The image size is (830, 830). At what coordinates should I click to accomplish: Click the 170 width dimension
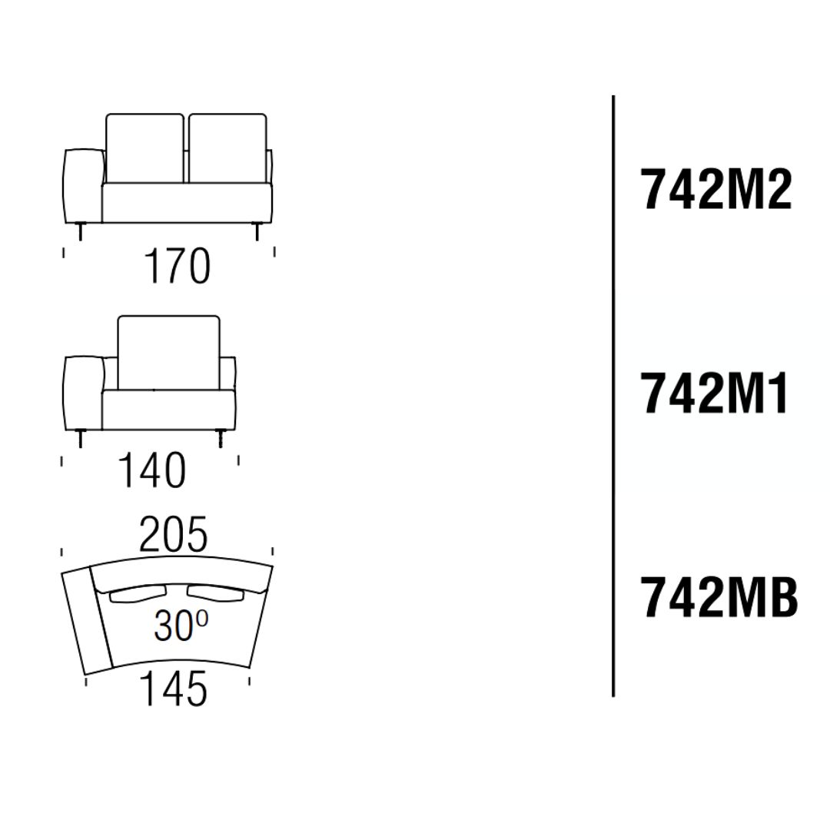click(x=178, y=267)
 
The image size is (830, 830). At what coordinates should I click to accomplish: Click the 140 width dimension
click(x=152, y=470)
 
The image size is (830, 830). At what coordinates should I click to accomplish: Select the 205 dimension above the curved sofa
click(x=173, y=535)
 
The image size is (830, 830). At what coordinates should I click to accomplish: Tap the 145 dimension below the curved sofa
click(x=173, y=689)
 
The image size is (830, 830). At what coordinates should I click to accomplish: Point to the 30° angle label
click(x=181, y=626)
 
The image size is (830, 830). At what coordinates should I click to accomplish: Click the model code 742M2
click(x=717, y=189)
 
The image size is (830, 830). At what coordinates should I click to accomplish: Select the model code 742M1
click(x=715, y=393)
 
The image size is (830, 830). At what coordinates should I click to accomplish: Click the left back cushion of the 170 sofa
click(x=144, y=148)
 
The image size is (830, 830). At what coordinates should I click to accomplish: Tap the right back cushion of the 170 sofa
click(x=227, y=148)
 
